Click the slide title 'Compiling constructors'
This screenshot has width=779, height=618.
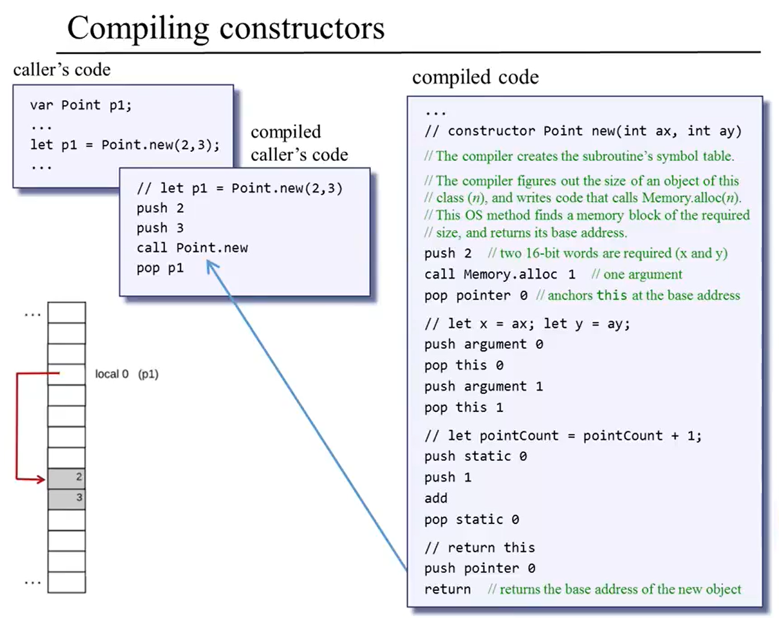(x=226, y=28)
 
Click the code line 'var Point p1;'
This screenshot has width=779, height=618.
(x=81, y=105)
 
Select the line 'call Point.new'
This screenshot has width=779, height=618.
(x=192, y=248)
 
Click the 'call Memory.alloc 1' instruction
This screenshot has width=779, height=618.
(x=500, y=275)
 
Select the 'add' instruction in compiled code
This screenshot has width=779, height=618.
(x=436, y=498)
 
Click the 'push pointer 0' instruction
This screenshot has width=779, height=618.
(x=480, y=568)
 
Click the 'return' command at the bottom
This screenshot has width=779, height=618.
(x=447, y=589)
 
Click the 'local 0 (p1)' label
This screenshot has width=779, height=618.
(x=126, y=374)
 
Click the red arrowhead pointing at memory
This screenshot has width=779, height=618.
(x=41, y=479)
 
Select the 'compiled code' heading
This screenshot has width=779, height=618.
(x=475, y=77)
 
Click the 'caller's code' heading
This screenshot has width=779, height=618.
(x=62, y=70)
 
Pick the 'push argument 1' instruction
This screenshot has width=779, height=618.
(x=483, y=386)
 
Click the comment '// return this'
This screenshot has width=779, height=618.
(x=479, y=548)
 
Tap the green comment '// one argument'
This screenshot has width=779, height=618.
(x=636, y=275)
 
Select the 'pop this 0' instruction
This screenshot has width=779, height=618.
(x=464, y=365)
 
